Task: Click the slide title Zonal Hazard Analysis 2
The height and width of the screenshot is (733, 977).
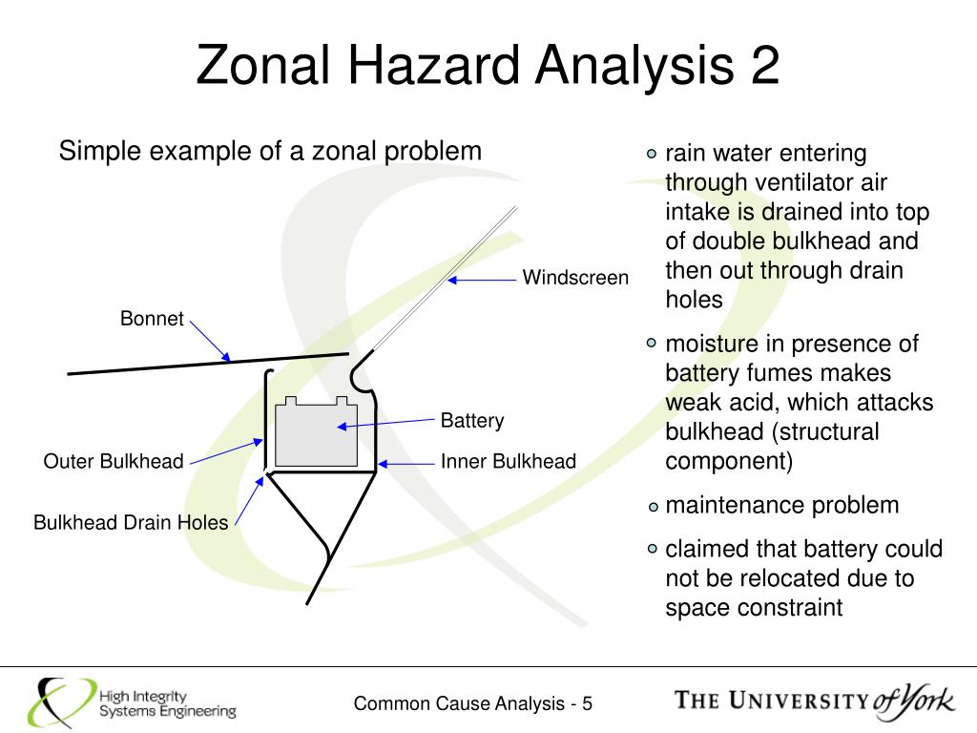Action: [488, 66]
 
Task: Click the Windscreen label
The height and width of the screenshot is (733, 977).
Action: [575, 278]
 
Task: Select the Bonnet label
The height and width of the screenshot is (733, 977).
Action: [151, 319]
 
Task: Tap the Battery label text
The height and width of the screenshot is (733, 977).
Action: [471, 421]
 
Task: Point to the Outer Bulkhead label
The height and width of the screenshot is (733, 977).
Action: [113, 462]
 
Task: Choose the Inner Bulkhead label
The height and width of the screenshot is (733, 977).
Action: [508, 462]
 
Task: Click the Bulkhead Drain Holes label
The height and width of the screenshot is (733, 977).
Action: [131, 522]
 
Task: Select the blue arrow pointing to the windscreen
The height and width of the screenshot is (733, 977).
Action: [482, 280]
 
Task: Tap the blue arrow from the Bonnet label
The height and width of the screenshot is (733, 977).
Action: [210, 341]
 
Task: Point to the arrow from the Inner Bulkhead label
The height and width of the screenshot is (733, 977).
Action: [405, 464]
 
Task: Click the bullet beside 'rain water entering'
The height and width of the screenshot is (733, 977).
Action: [652, 154]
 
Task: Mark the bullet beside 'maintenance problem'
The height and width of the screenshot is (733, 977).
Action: [652, 507]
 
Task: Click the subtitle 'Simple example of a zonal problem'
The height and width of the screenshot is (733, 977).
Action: [270, 151]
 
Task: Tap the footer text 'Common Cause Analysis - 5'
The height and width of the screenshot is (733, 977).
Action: [473, 704]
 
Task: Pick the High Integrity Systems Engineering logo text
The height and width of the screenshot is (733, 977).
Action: [167, 704]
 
